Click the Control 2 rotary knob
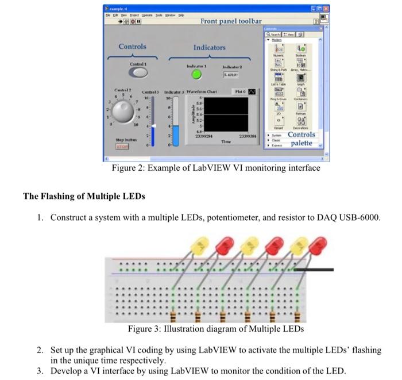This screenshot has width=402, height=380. click(x=122, y=113)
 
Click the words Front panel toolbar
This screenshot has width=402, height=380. click(x=231, y=21)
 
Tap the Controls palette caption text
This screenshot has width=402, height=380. click(x=301, y=139)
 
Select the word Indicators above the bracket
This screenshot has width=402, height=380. click(x=209, y=47)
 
